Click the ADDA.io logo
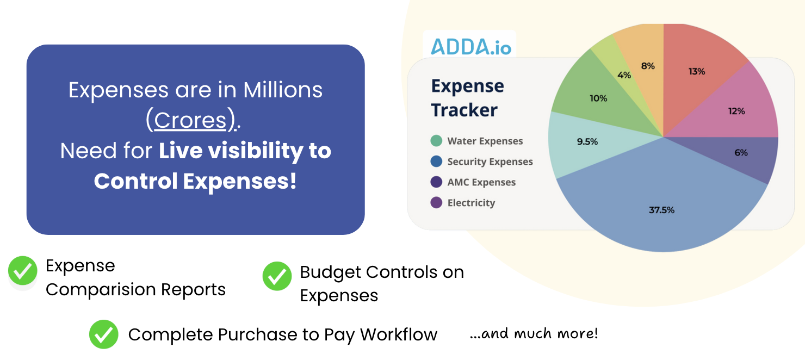click(471, 47)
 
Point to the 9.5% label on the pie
click(587, 141)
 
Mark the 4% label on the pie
click(624, 75)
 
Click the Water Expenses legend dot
click(436, 141)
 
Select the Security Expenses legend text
click(490, 162)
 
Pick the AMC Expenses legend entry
click(473, 182)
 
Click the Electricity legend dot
click(436, 203)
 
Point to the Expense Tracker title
click(468, 98)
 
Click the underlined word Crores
click(190, 120)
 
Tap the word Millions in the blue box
click(283, 90)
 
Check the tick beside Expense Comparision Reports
click(23, 270)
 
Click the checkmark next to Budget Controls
click(277, 276)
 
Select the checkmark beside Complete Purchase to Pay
click(104, 334)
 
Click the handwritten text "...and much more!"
click(534, 334)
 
